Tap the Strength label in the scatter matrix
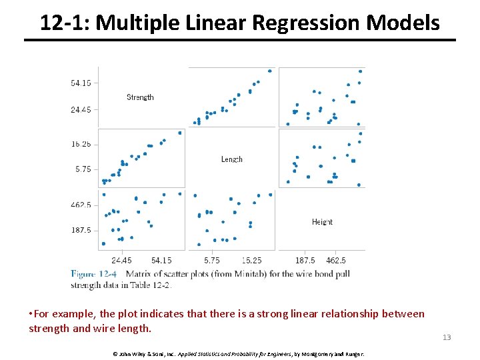pyautogui.click(x=140, y=97)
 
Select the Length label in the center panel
pyautogui.click(x=231, y=159)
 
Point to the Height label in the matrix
pyautogui.click(x=322, y=222)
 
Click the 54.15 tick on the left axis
pyautogui.click(x=81, y=83)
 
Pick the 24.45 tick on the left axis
pyautogui.click(x=81, y=109)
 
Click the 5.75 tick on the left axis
pyautogui.click(x=83, y=169)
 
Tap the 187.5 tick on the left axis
pyautogui.click(x=81, y=230)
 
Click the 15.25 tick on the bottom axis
pyautogui.click(x=251, y=260)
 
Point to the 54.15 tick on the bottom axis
pyautogui.click(x=161, y=260)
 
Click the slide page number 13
pyautogui.click(x=447, y=337)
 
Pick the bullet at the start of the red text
pyautogui.click(x=31, y=314)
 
